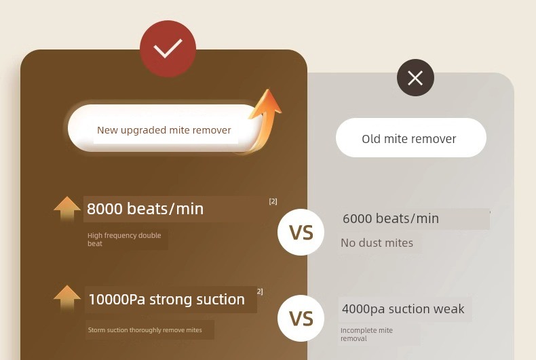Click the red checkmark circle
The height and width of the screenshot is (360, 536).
click(x=168, y=49)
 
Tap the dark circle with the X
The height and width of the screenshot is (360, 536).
click(x=415, y=77)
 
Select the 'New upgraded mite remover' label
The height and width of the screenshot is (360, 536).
click(x=164, y=130)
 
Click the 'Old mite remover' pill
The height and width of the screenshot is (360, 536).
click(x=411, y=138)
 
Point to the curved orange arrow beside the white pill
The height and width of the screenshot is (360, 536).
click(x=263, y=119)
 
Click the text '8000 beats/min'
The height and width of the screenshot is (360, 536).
click(x=145, y=209)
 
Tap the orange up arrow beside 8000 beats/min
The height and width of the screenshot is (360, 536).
click(x=67, y=209)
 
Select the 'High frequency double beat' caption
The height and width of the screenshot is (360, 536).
click(x=124, y=239)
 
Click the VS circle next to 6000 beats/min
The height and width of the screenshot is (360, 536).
click(x=301, y=233)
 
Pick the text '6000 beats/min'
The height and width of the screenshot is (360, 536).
click(x=391, y=218)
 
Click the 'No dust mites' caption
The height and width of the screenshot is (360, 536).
click(x=377, y=243)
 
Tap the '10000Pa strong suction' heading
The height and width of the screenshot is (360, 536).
click(x=166, y=300)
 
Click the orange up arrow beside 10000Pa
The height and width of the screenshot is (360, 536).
click(x=67, y=298)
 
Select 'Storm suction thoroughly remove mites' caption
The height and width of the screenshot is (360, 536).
click(x=145, y=330)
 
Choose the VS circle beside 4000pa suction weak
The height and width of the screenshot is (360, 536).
click(x=301, y=319)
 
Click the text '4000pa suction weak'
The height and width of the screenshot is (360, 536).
click(x=403, y=309)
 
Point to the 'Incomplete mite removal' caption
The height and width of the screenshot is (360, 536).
click(x=366, y=334)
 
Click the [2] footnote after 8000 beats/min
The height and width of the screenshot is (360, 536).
click(x=273, y=201)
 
